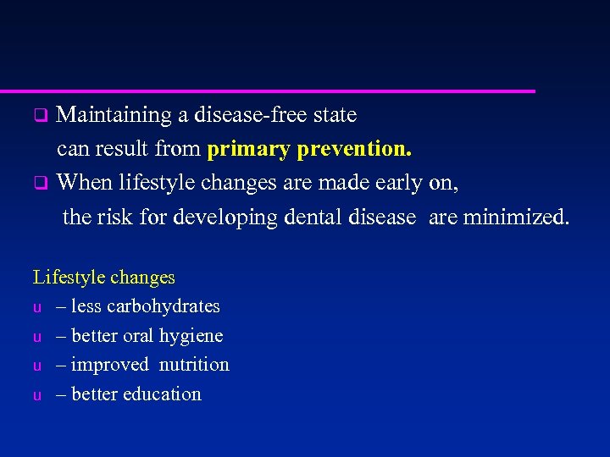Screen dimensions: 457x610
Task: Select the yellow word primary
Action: point(248,150)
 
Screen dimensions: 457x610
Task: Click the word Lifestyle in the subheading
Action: point(67,278)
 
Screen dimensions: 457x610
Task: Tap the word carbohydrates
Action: point(164,306)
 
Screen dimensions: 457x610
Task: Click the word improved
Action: point(108,365)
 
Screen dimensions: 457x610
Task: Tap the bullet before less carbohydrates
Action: point(37,307)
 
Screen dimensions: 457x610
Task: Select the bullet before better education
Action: point(37,395)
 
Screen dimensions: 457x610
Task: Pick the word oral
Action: point(138,336)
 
